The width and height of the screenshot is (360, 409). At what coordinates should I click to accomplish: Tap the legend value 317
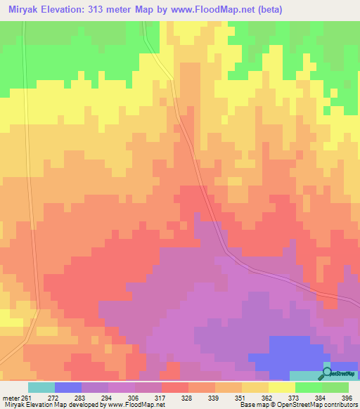tap(161, 397)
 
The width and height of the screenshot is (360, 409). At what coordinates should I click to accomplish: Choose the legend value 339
tap(214, 397)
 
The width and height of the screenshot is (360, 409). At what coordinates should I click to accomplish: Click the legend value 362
tap(267, 397)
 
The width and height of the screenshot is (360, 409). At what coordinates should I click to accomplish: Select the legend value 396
tap(347, 397)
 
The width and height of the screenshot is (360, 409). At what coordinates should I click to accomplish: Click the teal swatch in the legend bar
tap(41, 387)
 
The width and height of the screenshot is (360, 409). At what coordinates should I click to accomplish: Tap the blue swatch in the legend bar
tap(68, 387)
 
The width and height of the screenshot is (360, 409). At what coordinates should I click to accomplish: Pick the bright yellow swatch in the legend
tap(281, 387)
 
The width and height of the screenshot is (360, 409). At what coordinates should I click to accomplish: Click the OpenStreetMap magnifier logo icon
tap(328, 373)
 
